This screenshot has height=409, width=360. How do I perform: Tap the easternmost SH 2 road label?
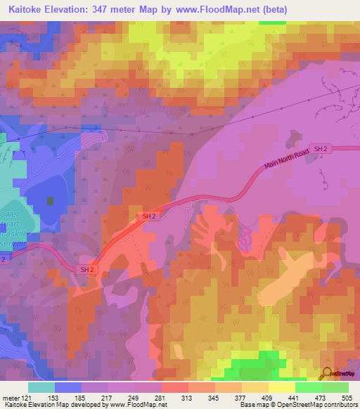tap(321, 148)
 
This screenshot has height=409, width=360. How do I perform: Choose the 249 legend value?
tap(136, 397)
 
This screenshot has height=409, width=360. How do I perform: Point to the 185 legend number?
tap(82, 397)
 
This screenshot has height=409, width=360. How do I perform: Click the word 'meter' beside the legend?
tap(10, 397)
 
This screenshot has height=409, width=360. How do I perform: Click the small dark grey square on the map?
tap(50, 200)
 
